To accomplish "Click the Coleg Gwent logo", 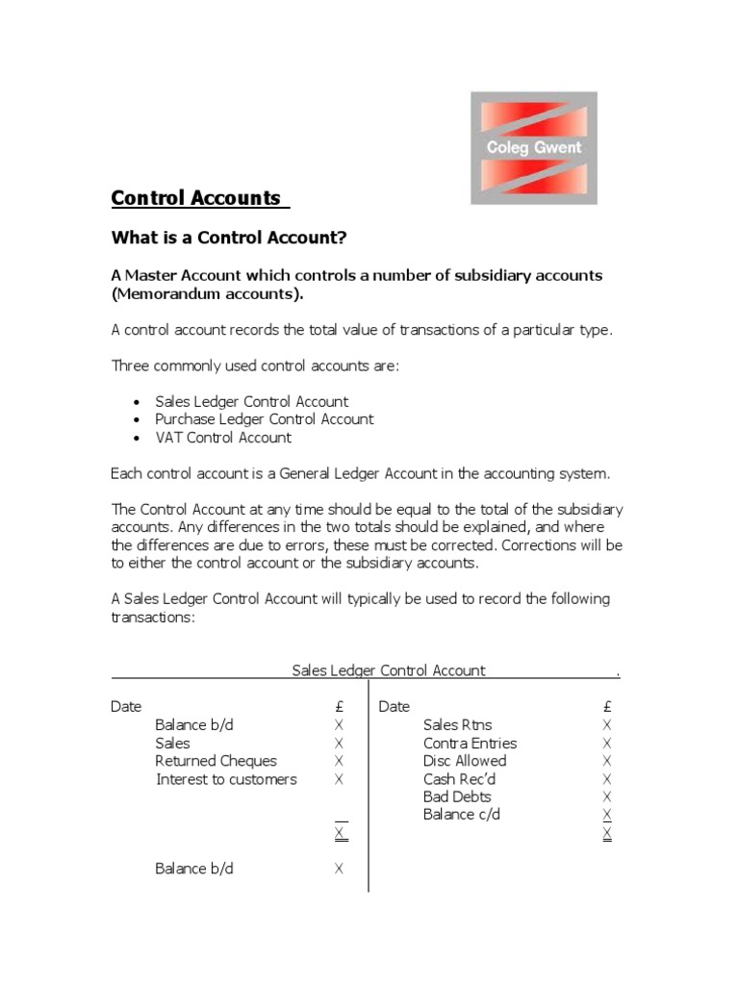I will (533, 148).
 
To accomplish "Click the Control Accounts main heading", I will (195, 198).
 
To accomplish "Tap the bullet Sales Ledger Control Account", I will (251, 401).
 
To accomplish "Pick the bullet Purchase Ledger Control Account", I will (264, 419).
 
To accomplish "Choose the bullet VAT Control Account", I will (222, 438).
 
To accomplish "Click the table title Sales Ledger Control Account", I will (388, 670).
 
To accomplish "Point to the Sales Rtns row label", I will (457, 725).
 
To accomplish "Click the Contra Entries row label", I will (470, 744).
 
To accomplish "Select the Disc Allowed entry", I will (464, 761).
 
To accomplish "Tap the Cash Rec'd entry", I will (459, 779).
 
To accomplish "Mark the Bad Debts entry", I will (456, 796).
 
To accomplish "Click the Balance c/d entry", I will (461, 815).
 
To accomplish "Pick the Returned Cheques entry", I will (216, 761).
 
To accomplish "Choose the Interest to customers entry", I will (226, 779).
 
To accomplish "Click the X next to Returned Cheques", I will (339, 761).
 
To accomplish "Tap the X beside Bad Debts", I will (606, 796).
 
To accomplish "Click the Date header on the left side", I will (126, 707).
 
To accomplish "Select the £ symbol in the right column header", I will (606, 707).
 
